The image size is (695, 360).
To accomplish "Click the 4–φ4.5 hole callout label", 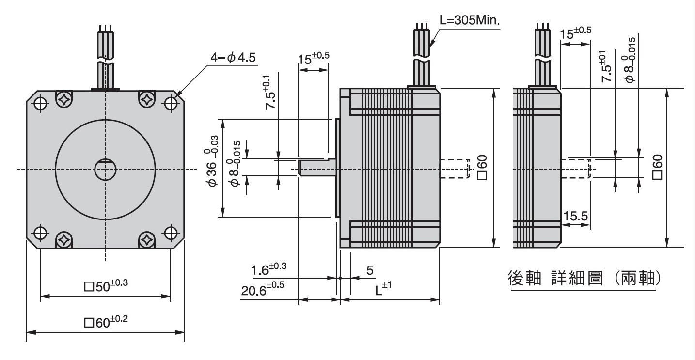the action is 233,57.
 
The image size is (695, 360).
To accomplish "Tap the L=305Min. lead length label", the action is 470,20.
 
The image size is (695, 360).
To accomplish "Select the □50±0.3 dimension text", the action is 106,285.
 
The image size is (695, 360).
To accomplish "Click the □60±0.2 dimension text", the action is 106,322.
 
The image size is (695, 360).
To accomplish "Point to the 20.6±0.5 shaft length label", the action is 263,289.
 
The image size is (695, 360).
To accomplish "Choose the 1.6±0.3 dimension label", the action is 269,269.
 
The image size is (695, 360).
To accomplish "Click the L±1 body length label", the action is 383,289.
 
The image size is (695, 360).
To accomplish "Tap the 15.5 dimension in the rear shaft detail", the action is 576,216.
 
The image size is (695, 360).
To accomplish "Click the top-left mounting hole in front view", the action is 40,103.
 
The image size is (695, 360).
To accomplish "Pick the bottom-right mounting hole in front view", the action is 171,233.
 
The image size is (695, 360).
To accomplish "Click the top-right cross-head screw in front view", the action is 147,99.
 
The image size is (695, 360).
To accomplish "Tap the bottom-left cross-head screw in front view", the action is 64,240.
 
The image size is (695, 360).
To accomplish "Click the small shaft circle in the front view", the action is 105,169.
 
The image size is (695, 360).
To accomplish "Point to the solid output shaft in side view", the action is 317,168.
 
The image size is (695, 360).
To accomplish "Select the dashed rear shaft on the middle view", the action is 455,169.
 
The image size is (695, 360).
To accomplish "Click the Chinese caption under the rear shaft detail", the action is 584,278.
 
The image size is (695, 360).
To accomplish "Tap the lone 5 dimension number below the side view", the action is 369,270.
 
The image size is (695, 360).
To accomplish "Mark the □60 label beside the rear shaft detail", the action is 658,167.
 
